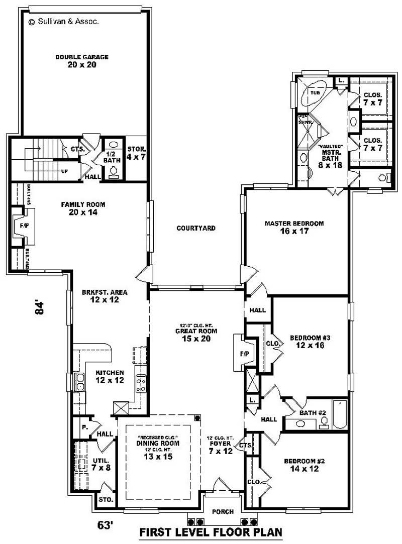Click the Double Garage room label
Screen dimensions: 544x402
click(x=82, y=61)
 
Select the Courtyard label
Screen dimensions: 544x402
click(x=195, y=228)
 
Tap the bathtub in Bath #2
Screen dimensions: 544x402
click(x=340, y=414)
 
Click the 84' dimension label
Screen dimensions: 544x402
click(x=41, y=307)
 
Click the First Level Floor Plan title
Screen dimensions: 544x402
click(x=211, y=532)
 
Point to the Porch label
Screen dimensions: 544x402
click(x=223, y=512)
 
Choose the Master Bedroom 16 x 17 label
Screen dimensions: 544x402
click(x=294, y=227)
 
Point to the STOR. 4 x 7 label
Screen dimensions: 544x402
click(x=136, y=153)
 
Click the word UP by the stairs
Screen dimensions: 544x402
click(x=64, y=170)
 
